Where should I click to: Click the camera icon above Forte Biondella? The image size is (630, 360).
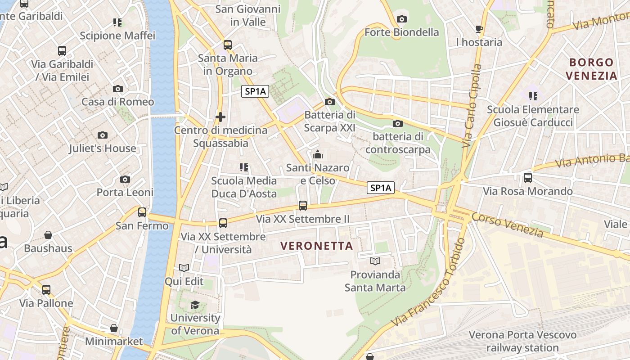[x=402, y=19]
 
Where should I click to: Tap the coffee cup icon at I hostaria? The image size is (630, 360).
[x=479, y=29]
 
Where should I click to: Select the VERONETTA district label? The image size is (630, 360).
[x=316, y=246]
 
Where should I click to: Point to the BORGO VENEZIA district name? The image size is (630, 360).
[x=591, y=69]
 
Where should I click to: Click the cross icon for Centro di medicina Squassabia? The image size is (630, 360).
[x=220, y=117]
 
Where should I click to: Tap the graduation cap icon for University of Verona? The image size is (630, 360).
[x=195, y=305]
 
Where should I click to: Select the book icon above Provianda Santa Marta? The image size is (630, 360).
[x=375, y=261]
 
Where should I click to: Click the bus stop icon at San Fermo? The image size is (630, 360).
[x=142, y=212]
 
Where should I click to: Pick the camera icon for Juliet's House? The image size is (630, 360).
[x=103, y=135]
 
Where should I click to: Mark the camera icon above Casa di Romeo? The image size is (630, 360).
[x=118, y=89]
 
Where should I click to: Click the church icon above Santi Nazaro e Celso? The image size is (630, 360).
[x=318, y=155]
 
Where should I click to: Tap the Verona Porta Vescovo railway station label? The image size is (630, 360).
[x=522, y=341]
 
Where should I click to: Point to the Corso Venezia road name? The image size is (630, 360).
[x=507, y=225]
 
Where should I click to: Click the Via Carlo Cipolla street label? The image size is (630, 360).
[x=472, y=106]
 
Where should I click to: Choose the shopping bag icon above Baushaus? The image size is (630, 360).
[x=48, y=235]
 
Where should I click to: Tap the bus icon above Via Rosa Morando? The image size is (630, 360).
[x=528, y=178]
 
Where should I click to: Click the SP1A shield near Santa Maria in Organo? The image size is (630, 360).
[x=255, y=91]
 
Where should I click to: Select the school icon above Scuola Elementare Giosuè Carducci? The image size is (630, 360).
[x=533, y=96]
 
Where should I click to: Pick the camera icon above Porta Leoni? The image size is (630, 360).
[x=125, y=179]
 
